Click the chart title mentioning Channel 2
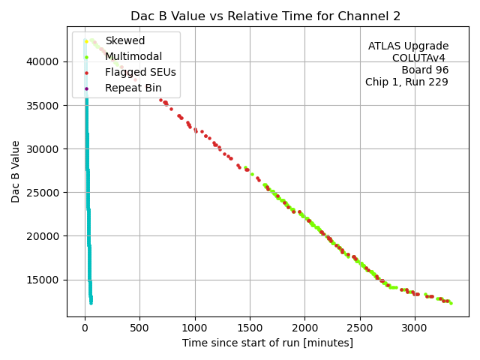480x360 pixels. click(x=265, y=16)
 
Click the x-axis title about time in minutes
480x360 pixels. click(x=267, y=343)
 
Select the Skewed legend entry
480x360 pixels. click(x=125, y=40)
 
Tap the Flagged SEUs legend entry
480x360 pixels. click(x=140, y=73)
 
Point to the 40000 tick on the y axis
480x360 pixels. click(x=46, y=61)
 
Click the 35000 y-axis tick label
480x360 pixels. click(x=46, y=105)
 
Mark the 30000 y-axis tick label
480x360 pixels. click(x=46, y=148)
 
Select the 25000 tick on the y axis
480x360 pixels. click(x=46, y=193)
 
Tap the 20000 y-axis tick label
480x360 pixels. click(x=46, y=236)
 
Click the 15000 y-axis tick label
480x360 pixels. click(x=46, y=280)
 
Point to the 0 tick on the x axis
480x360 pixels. click(x=85, y=327)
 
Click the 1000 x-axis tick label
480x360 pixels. click(x=195, y=327)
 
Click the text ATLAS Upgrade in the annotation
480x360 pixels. click(x=408, y=46)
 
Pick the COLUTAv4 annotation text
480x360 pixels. click(x=420, y=58)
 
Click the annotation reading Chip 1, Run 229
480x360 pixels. click(x=406, y=82)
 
